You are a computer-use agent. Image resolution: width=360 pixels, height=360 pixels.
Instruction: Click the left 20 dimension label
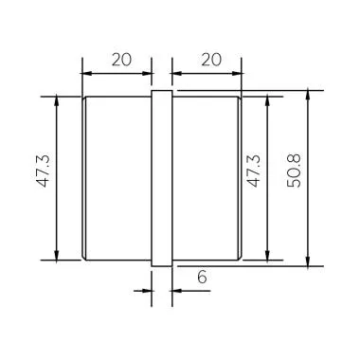tap(120, 59)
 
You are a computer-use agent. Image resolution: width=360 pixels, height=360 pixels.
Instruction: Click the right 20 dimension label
tap(209, 59)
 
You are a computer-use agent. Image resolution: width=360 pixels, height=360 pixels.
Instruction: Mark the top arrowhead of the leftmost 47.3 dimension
tap(58, 100)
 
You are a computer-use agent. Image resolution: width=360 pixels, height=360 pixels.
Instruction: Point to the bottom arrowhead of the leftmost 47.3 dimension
tap(58, 253)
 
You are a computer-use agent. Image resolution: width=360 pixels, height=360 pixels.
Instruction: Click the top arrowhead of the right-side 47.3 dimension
tap(270, 100)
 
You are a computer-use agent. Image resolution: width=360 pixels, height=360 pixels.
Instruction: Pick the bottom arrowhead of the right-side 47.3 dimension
tap(270, 253)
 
